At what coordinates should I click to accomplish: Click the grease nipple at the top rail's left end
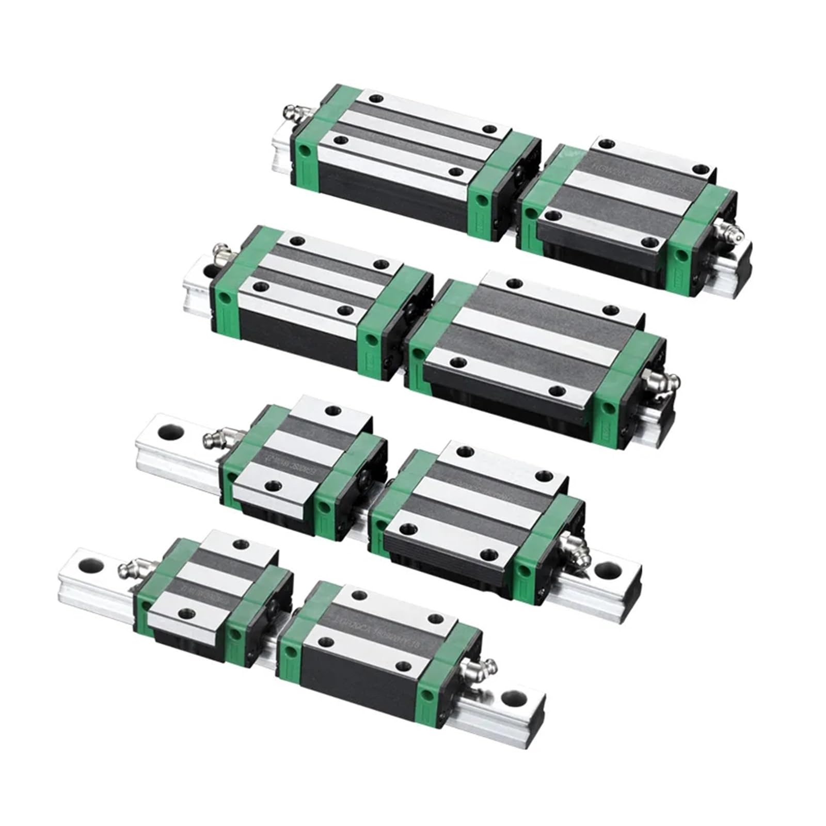click(294, 113)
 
